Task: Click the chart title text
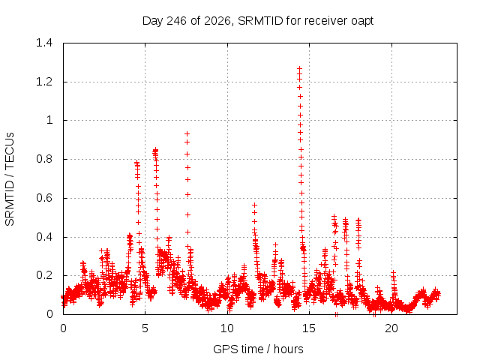click(258, 21)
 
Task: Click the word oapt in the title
click(362, 22)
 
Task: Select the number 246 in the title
click(176, 21)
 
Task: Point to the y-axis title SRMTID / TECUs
click(10, 179)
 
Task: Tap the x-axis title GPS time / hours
click(258, 349)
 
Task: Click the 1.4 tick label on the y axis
click(44, 43)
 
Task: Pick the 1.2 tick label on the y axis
click(44, 82)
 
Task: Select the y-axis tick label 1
click(49, 120)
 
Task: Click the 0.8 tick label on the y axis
click(44, 159)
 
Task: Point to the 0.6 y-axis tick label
click(44, 198)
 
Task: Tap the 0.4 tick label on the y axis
click(44, 237)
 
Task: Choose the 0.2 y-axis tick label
click(44, 275)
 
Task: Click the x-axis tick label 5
click(145, 328)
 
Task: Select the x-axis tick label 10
click(227, 328)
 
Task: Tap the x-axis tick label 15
click(309, 328)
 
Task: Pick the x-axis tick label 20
click(391, 328)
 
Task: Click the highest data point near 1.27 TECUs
click(299, 68)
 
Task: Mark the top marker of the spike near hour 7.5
click(187, 133)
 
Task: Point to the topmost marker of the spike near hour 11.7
click(254, 205)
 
